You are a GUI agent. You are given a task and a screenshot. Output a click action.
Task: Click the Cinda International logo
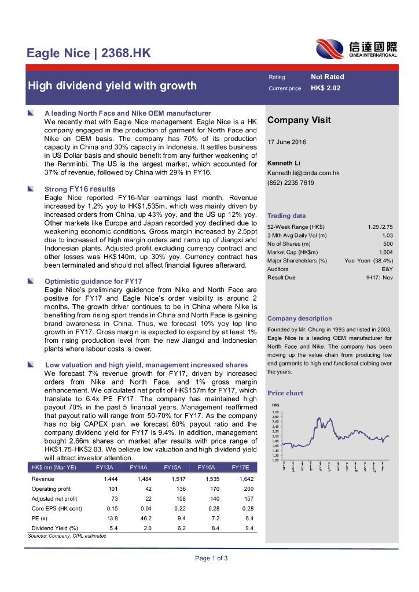356,49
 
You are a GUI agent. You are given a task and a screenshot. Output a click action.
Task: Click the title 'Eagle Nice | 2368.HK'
89,54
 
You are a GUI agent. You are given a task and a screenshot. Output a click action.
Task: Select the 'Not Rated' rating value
327,77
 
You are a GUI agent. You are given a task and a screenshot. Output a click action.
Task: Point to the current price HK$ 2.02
325,88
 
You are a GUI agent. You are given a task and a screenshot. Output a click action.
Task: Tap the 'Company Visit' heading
299,120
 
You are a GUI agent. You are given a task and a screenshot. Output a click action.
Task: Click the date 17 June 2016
287,142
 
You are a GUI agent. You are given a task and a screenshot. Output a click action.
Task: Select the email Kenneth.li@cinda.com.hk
303,173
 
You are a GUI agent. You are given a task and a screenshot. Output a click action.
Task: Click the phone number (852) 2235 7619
291,183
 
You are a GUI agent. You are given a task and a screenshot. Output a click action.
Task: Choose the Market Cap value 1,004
386,252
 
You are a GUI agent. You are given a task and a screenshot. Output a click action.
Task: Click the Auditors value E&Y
387,269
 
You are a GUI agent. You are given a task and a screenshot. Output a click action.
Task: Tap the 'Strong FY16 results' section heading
80,189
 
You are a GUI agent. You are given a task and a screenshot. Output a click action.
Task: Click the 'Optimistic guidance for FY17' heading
93,281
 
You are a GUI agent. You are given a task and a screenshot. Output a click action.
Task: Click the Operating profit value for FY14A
145,489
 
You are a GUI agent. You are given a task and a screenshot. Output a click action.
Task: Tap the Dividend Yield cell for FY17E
249,528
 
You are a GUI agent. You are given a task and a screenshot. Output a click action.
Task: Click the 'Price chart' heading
285,393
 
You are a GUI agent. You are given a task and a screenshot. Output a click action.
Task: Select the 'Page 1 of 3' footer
211,558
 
